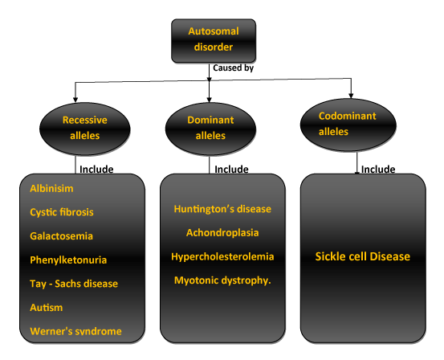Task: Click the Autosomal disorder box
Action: click(x=214, y=41)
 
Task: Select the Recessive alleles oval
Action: click(x=85, y=129)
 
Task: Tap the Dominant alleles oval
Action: click(x=210, y=129)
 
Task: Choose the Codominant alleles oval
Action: click(x=348, y=125)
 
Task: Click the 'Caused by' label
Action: click(x=233, y=68)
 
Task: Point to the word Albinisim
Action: click(x=51, y=189)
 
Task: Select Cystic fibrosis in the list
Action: click(x=62, y=212)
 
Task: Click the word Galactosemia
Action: click(x=62, y=236)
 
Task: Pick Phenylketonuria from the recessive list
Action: click(x=68, y=260)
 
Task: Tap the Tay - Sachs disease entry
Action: click(x=74, y=284)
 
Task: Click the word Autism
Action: click(x=46, y=308)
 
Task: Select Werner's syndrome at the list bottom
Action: click(x=76, y=331)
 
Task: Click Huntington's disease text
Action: click(x=222, y=209)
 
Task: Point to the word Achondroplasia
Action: click(x=222, y=233)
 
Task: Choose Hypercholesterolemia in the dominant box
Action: click(x=222, y=256)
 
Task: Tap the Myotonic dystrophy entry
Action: click(x=222, y=280)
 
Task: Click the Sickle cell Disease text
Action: click(x=363, y=256)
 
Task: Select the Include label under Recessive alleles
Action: click(x=96, y=170)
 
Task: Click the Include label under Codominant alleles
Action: click(x=378, y=170)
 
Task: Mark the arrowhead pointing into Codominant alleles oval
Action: click(x=351, y=96)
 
